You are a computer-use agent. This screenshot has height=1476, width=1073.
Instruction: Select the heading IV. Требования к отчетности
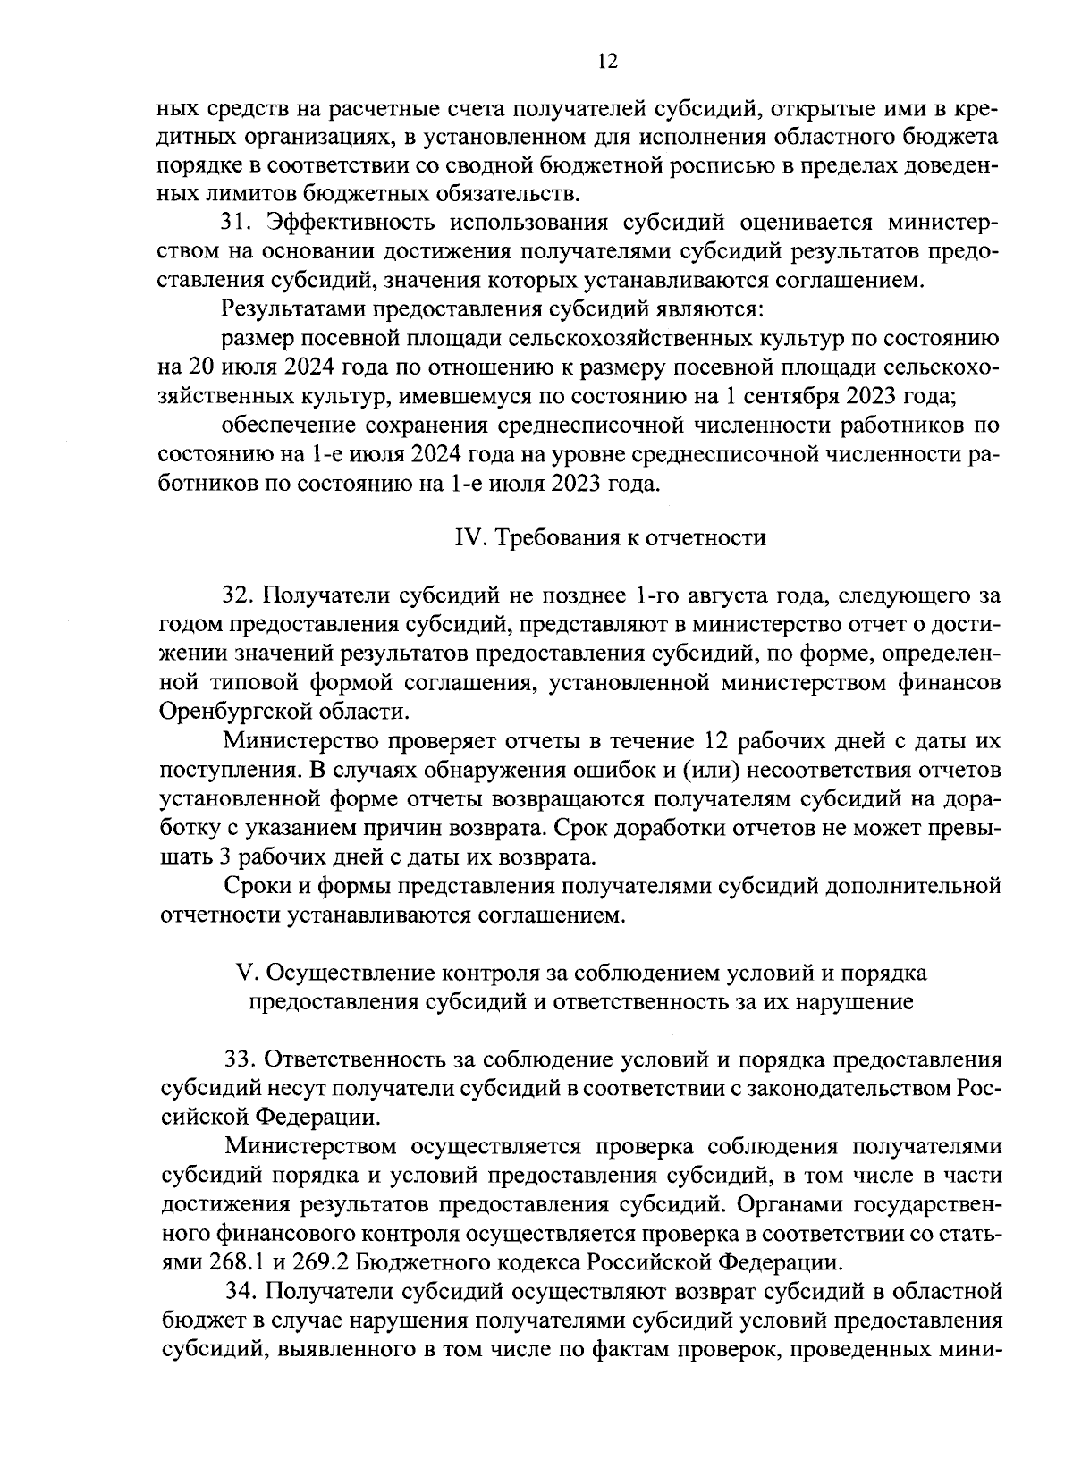click(x=611, y=537)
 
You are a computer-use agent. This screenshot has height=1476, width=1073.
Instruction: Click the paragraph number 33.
click(x=239, y=1059)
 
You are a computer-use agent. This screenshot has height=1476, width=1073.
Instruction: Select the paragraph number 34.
click(x=239, y=1291)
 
